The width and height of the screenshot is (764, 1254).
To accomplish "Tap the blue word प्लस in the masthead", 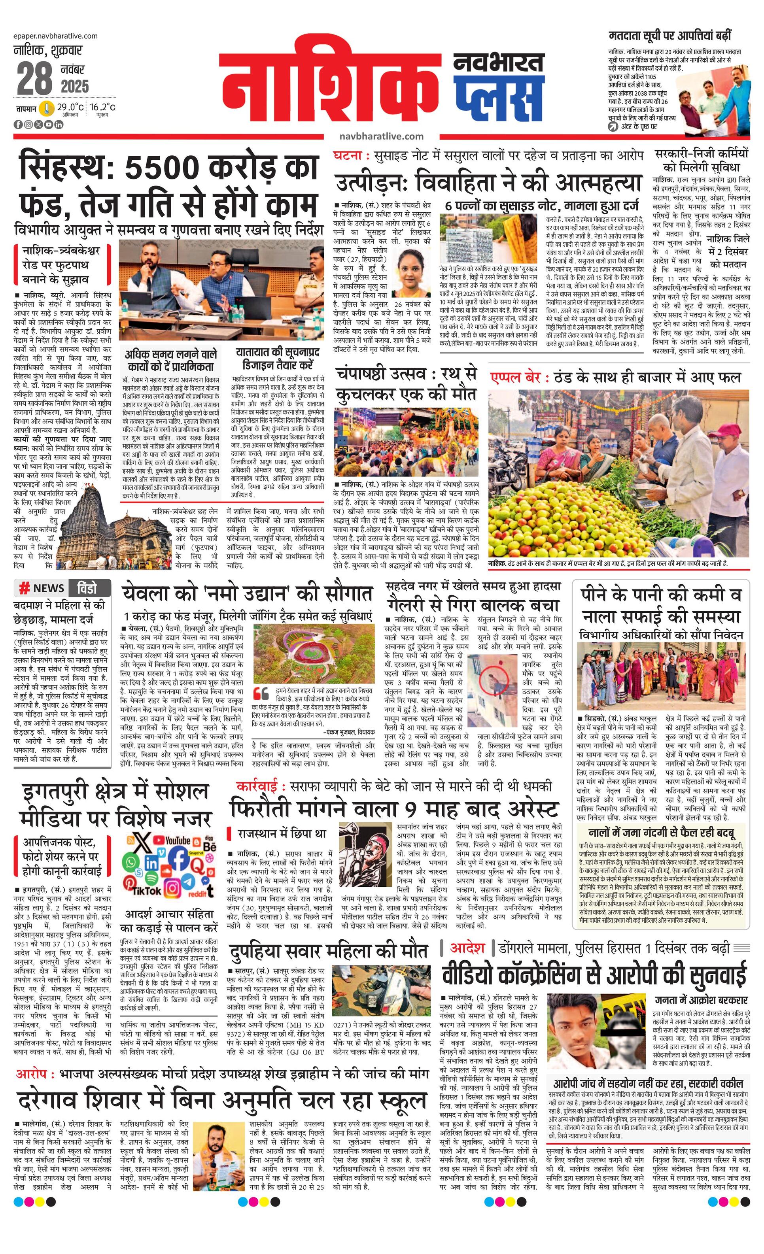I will point(498,97).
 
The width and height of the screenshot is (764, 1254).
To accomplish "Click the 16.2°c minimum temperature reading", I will point(103,108).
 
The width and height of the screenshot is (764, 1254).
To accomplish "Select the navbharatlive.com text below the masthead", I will point(381,136).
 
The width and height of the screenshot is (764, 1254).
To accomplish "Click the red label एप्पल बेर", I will point(516,378).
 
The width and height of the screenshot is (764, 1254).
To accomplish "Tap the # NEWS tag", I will point(41,588).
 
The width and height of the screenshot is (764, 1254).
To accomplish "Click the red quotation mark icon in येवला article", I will point(261,693).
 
